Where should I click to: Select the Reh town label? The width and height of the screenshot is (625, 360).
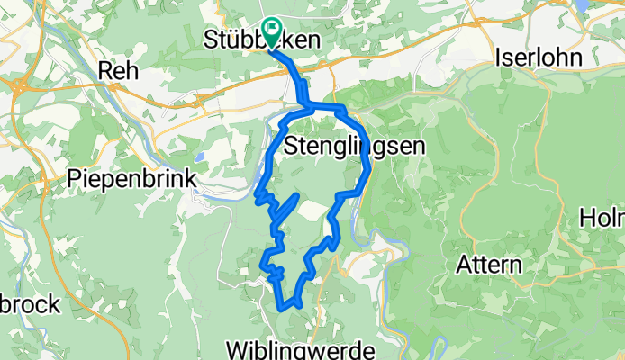119,71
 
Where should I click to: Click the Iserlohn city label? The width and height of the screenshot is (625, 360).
539,56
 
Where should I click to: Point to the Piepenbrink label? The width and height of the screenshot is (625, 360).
132,179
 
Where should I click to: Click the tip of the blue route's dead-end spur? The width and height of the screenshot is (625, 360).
296,195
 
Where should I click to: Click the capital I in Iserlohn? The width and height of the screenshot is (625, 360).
500,56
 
